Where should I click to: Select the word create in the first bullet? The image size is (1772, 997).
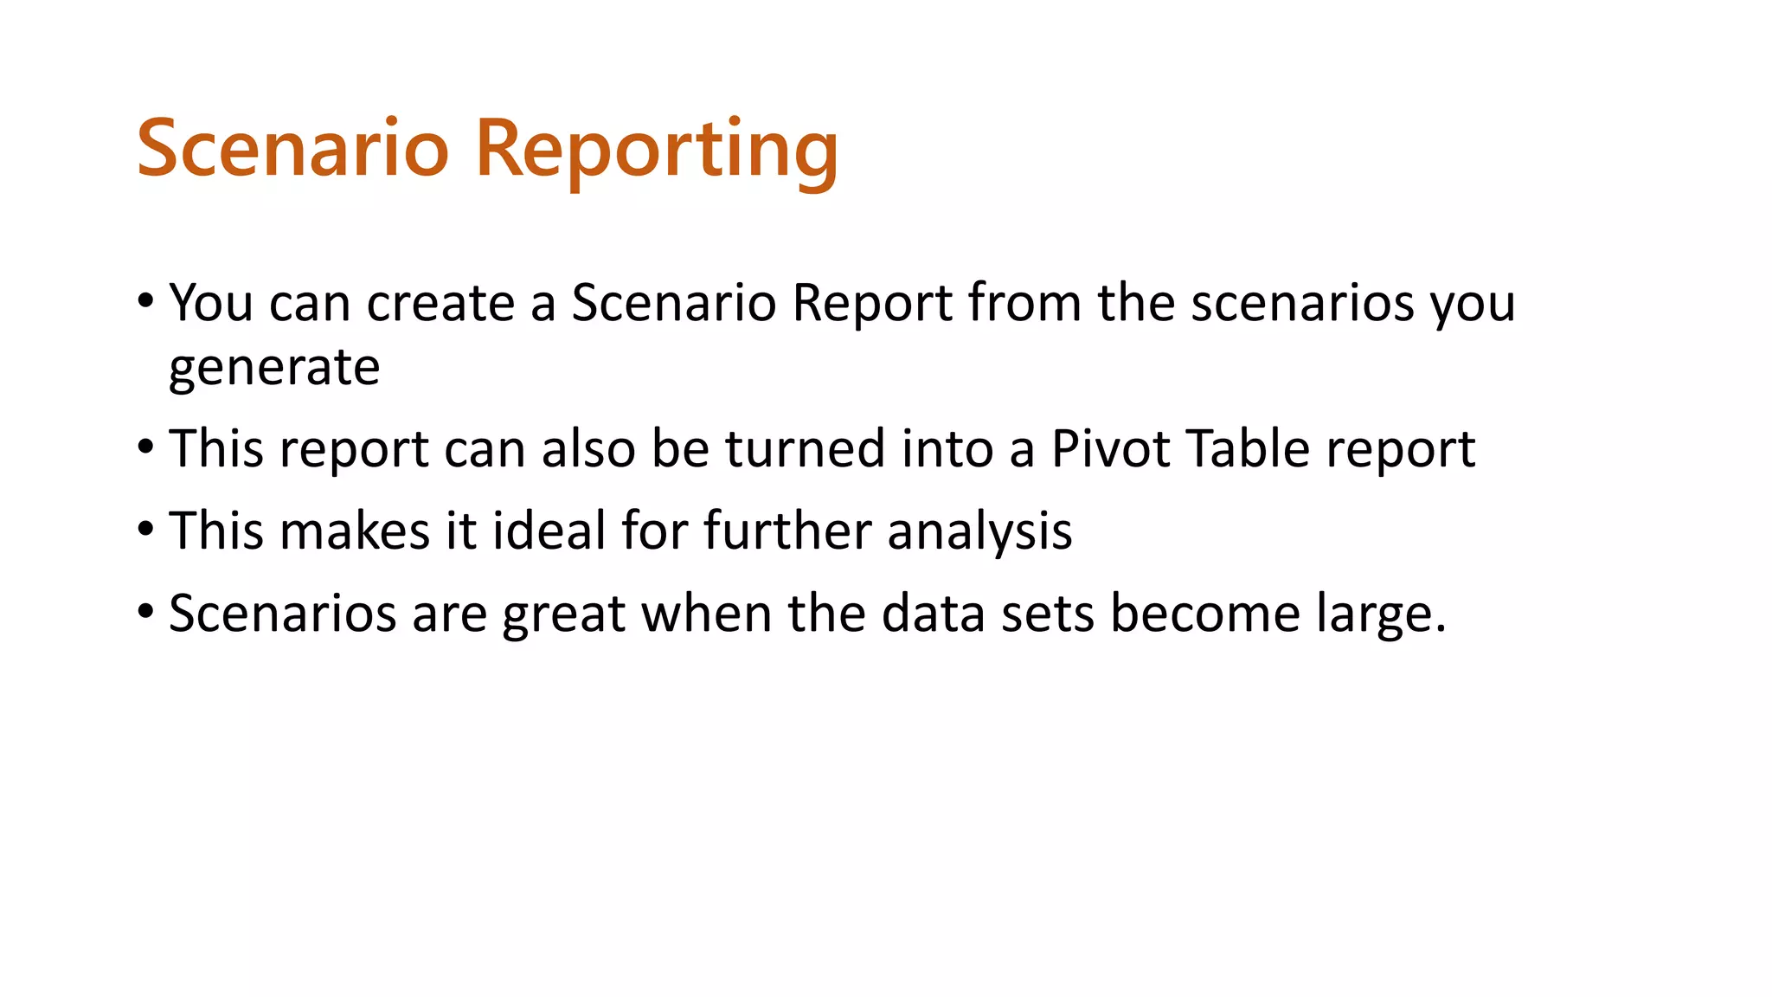pyautogui.click(x=441, y=303)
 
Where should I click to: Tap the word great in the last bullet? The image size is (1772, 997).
pyautogui.click(x=564, y=614)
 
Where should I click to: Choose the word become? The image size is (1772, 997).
pyautogui.click(x=1204, y=613)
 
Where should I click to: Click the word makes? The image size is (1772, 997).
pyautogui.click(x=355, y=530)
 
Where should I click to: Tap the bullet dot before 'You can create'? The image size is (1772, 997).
pyautogui.click(x=145, y=302)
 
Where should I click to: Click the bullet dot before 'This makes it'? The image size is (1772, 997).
pyautogui.click(x=145, y=529)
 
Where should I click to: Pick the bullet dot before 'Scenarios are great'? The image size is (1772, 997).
pyautogui.click(x=145, y=612)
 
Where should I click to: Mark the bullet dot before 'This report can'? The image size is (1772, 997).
pyautogui.click(x=145, y=447)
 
